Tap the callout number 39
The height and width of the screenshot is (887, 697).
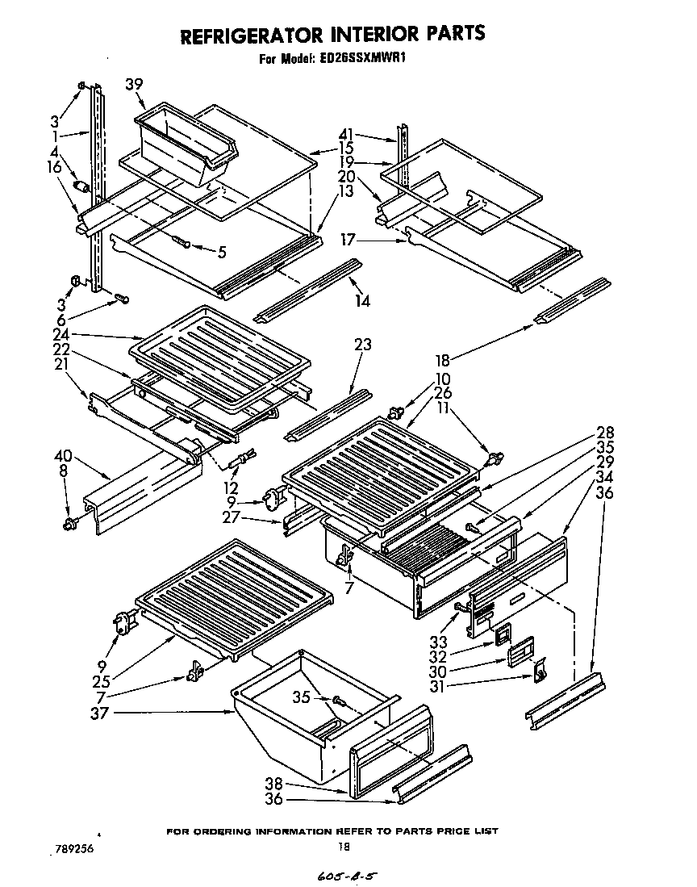pos(134,83)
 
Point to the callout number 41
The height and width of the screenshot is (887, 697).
pos(345,136)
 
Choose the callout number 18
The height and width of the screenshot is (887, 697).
pos(442,361)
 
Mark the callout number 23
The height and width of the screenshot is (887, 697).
pos(362,345)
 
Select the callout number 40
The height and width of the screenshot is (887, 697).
pos(63,456)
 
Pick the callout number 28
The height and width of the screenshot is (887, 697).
pos(605,431)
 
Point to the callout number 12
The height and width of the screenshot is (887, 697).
pos(232,488)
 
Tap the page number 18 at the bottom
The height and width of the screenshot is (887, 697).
pos(344,847)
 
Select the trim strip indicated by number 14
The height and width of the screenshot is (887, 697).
pos(307,291)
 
